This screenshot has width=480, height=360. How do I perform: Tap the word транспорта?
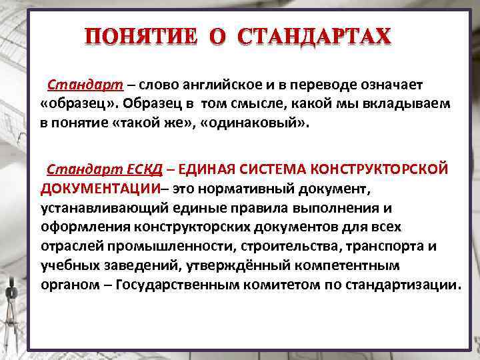tap(383, 246)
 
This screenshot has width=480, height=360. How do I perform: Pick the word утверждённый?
tap(197, 265)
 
